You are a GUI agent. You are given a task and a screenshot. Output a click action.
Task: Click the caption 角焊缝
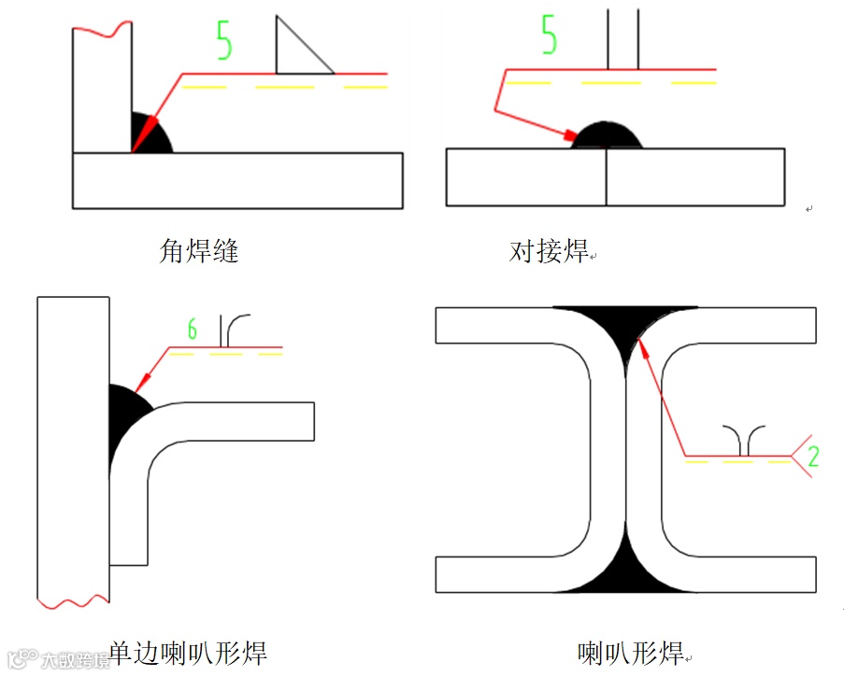click(x=199, y=250)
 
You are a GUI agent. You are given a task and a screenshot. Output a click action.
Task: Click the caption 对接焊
click(x=549, y=251)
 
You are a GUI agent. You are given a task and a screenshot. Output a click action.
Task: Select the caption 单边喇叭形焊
click(x=188, y=652)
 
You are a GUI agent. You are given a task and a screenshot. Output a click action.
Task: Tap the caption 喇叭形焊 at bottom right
click(x=631, y=652)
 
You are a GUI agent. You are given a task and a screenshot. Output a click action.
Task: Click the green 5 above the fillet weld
click(x=223, y=40)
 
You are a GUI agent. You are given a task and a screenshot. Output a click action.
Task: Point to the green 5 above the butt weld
click(x=549, y=35)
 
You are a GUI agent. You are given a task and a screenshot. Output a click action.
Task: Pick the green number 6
click(x=193, y=330)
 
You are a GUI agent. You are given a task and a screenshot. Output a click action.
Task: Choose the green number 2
click(x=813, y=457)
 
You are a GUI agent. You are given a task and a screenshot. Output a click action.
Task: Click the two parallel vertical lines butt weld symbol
click(x=623, y=39)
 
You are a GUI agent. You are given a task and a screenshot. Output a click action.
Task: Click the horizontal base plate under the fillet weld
click(x=237, y=180)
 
